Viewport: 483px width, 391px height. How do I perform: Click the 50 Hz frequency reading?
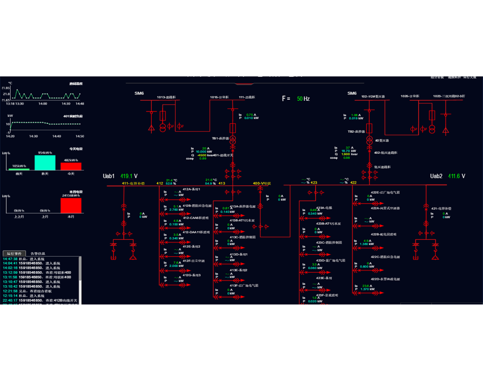coord(303,99)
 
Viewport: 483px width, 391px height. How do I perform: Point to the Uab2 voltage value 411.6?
coord(456,176)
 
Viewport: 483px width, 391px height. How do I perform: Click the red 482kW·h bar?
coord(71,166)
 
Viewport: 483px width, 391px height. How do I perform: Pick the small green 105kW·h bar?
coord(19,169)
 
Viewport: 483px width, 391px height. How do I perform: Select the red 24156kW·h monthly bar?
coord(71,204)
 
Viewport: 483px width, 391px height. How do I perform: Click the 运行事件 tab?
coord(14,254)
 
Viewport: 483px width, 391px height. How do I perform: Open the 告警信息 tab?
coord(38,254)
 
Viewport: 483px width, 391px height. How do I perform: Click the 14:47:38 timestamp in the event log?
coord(10,258)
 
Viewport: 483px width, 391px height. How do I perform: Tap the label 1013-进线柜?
coord(166,97)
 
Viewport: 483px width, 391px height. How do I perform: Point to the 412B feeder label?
coord(197,205)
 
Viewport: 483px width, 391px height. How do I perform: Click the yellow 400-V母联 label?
coord(262,183)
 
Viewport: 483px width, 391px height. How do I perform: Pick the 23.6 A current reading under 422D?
coord(366,285)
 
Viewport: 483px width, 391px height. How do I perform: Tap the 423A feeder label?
coord(324,208)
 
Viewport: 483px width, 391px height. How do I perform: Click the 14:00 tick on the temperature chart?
coord(42,103)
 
